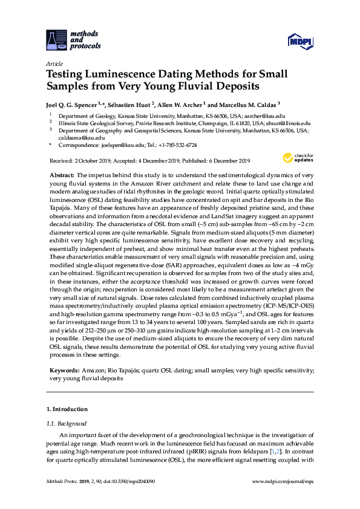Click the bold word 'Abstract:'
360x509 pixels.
coord(62,174)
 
